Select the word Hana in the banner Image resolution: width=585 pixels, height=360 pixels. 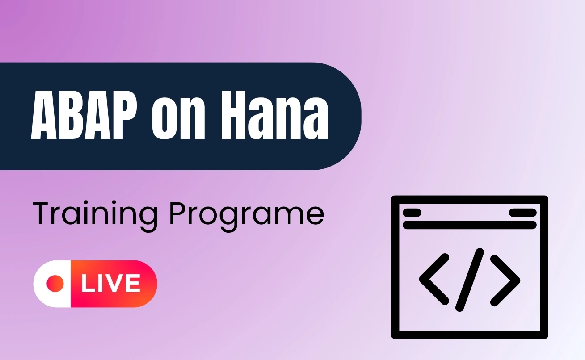pyautogui.click(x=274, y=115)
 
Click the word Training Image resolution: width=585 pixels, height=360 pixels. pyautogui.click(x=95, y=215)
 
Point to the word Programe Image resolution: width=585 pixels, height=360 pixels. pyautogui.click(x=247, y=215)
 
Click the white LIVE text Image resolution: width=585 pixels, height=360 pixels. pyautogui.click(x=111, y=284)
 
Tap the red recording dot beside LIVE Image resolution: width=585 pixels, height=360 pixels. pyautogui.click(x=55, y=284)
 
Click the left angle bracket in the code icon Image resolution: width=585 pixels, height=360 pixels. pyautogui.click(x=434, y=279)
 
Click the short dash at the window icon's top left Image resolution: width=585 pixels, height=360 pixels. pyautogui.click(x=412, y=213)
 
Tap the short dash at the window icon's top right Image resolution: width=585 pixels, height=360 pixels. pyautogui.click(x=523, y=213)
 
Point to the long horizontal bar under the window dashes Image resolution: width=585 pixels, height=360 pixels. pyautogui.click(x=470, y=225)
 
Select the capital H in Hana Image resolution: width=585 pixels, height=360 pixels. pyautogui.click(x=233, y=115)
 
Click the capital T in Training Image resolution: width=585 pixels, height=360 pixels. pyautogui.click(x=42, y=213)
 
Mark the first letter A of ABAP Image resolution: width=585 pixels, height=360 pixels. pyautogui.click(x=43, y=115)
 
